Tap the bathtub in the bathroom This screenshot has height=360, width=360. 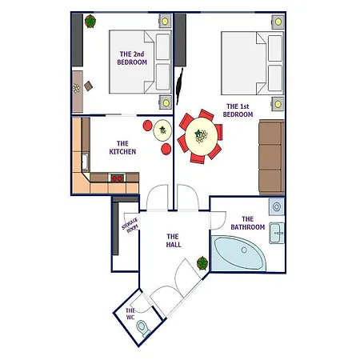click(x=238, y=254)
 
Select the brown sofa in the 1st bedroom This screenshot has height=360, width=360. click(x=271, y=157)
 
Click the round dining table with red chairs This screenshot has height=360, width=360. click(x=201, y=137)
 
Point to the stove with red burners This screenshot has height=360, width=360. click(x=117, y=178)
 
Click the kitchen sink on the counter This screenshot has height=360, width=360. click(x=86, y=162)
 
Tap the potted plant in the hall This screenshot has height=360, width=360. click(x=202, y=263)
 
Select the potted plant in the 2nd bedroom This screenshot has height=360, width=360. click(x=90, y=22)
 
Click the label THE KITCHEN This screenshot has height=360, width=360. click(x=122, y=148)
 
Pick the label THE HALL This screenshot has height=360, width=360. click(x=174, y=241)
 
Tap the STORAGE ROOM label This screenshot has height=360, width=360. click(x=130, y=226)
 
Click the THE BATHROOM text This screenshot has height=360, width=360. click(x=248, y=223)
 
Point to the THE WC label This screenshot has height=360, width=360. click(x=130, y=314)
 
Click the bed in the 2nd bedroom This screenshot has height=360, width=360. click(x=140, y=62)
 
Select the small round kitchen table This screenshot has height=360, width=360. click(x=162, y=130)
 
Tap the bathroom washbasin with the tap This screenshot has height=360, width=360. click(x=277, y=233)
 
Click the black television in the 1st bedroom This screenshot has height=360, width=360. click(x=179, y=86)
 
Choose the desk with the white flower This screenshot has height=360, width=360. click(x=78, y=91)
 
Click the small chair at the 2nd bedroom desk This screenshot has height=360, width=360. click(x=88, y=86)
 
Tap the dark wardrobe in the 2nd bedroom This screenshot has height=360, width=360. click(x=78, y=40)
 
